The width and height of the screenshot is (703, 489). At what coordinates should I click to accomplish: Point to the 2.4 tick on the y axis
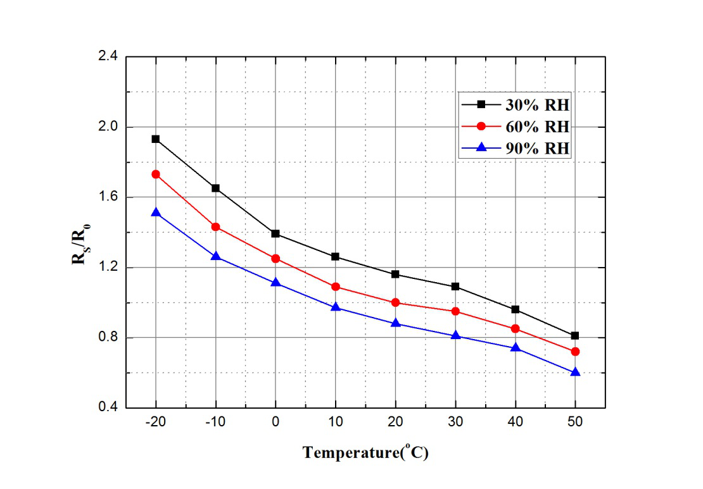(108, 57)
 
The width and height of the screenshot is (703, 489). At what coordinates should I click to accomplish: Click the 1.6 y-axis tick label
(108, 197)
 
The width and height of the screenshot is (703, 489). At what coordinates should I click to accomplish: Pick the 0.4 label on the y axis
(108, 408)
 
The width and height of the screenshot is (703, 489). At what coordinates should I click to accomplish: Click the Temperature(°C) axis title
(365, 453)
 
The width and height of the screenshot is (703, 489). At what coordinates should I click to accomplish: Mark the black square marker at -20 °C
(155, 139)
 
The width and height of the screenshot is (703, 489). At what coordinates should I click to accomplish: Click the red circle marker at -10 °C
(215, 226)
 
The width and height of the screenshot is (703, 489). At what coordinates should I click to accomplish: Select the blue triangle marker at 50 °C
(575, 372)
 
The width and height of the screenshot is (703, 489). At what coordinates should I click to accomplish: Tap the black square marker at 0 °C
(275, 233)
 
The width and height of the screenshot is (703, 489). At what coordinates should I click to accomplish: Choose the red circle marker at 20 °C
(396, 302)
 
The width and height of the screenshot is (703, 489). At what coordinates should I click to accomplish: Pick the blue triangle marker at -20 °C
(155, 213)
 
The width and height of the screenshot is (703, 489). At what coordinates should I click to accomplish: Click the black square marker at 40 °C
(516, 309)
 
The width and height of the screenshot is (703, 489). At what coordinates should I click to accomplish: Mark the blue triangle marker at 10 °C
(336, 307)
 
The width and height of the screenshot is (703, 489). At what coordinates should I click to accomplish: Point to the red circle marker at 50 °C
(575, 351)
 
